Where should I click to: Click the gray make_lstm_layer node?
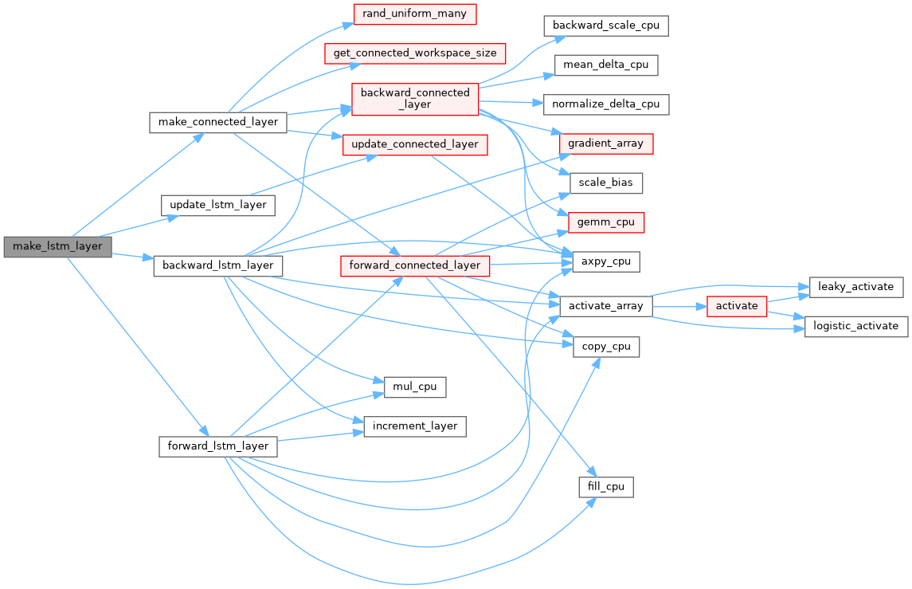tap(57, 246)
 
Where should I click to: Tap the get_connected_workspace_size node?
tap(415, 53)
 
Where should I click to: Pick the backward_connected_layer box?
tap(416, 98)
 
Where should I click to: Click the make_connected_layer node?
tap(218, 123)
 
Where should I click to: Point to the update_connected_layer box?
tap(415, 144)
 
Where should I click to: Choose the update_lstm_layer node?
tap(218, 205)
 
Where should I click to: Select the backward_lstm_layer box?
tap(217, 265)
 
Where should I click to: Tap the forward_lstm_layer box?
tap(217, 446)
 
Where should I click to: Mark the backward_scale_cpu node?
tap(606, 25)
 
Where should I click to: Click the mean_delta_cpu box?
tap(606, 65)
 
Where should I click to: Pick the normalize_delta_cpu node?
tap(606, 104)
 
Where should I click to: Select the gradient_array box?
tap(606, 143)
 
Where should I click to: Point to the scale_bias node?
tap(606, 183)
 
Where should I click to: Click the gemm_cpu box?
tap(606, 222)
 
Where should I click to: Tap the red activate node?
tap(737, 306)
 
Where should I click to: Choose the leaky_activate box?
tap(856, 286)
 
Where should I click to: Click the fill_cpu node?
tap(606, 486)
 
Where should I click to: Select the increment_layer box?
tap(415, 426)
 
